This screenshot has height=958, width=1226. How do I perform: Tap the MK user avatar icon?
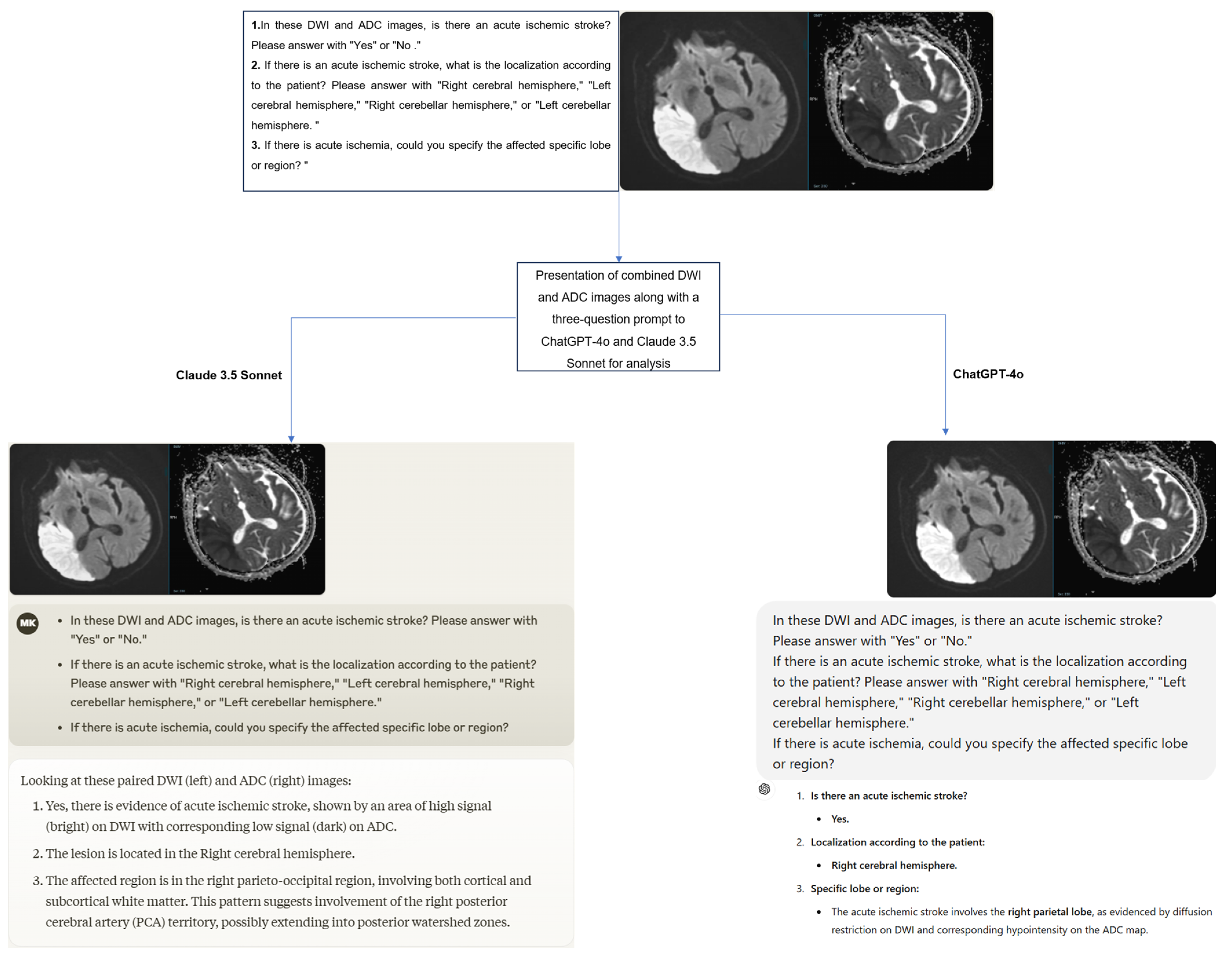coord(28,623)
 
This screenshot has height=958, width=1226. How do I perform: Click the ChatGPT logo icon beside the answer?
coord(764,789)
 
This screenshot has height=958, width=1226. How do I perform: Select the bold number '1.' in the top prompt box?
coord(255,25)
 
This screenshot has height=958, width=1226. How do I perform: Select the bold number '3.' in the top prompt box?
coord(255,145)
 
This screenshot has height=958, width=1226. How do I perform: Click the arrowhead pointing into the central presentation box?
coord(619,259)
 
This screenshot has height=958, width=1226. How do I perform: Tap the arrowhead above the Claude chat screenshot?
coord(291,439)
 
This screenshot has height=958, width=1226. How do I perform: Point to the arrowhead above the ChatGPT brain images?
coord(945,432)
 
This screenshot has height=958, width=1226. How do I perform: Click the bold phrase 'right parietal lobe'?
coord(1049,912)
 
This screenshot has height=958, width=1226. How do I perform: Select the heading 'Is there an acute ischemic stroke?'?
coord(889,796)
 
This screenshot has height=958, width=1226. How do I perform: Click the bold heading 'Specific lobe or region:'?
coord(865,888)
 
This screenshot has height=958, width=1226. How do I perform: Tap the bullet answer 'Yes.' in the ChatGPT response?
coord(840,819)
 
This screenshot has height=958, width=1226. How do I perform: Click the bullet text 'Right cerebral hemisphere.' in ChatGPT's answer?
coord(894,865)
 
